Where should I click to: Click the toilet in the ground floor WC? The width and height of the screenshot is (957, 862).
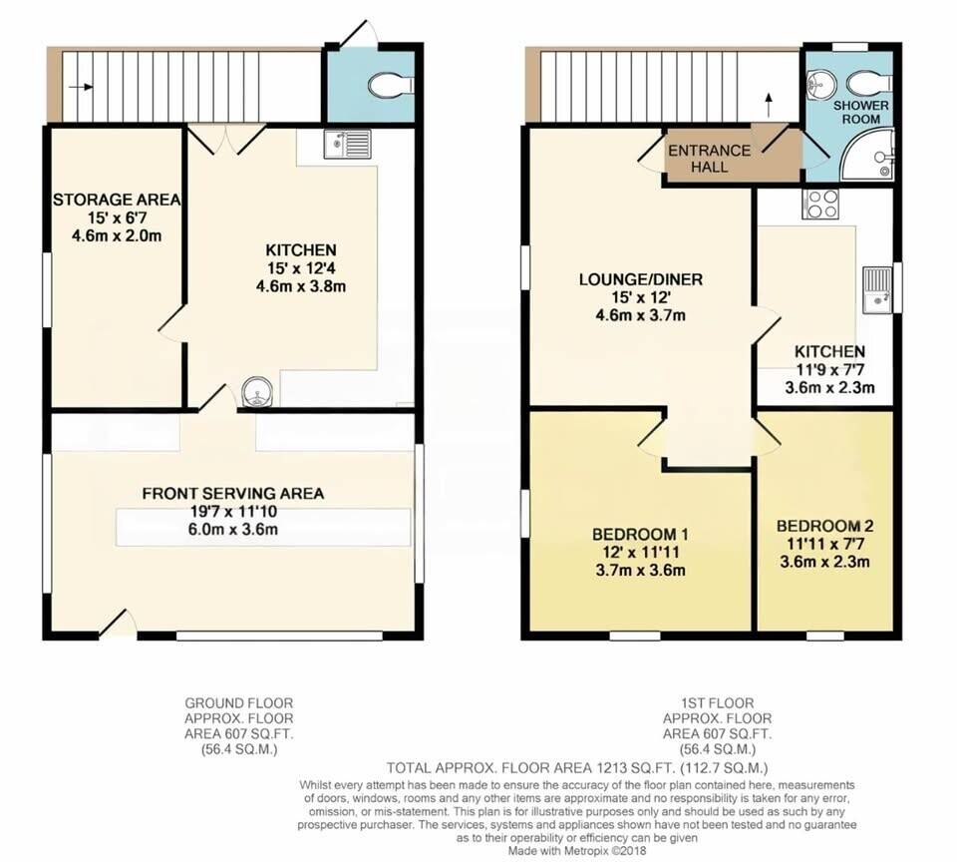[x=392, y=85]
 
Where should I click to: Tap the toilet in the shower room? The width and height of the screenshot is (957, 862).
[x=870, y=81]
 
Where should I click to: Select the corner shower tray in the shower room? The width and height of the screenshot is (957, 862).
[x=868, y=154]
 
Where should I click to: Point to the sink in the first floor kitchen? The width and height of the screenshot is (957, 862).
[x=877, y=289]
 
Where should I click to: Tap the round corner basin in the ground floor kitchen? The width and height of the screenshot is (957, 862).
[x=257, y=392]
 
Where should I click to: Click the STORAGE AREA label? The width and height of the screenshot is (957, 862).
[x=117, y=200]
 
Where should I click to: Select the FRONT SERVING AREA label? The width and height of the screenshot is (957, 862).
[x=233, y=494]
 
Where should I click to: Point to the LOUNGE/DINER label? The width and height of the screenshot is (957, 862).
[x=641, y=279]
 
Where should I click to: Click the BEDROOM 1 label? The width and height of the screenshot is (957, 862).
[x=640, y=535]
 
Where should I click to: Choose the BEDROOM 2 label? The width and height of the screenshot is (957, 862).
[x=825, y=526]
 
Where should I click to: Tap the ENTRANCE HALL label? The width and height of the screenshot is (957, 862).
[x=709, y=159]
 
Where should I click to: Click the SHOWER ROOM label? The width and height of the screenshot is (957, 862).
[x=861, y=113]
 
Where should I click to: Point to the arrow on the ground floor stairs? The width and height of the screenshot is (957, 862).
[x=81, y=87]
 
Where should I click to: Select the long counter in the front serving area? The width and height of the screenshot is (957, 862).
[x=263, y=527]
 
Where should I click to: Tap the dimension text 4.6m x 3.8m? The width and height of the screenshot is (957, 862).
[x=301, y=286]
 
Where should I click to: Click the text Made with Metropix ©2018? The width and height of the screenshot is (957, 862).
[x=577, y=850]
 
